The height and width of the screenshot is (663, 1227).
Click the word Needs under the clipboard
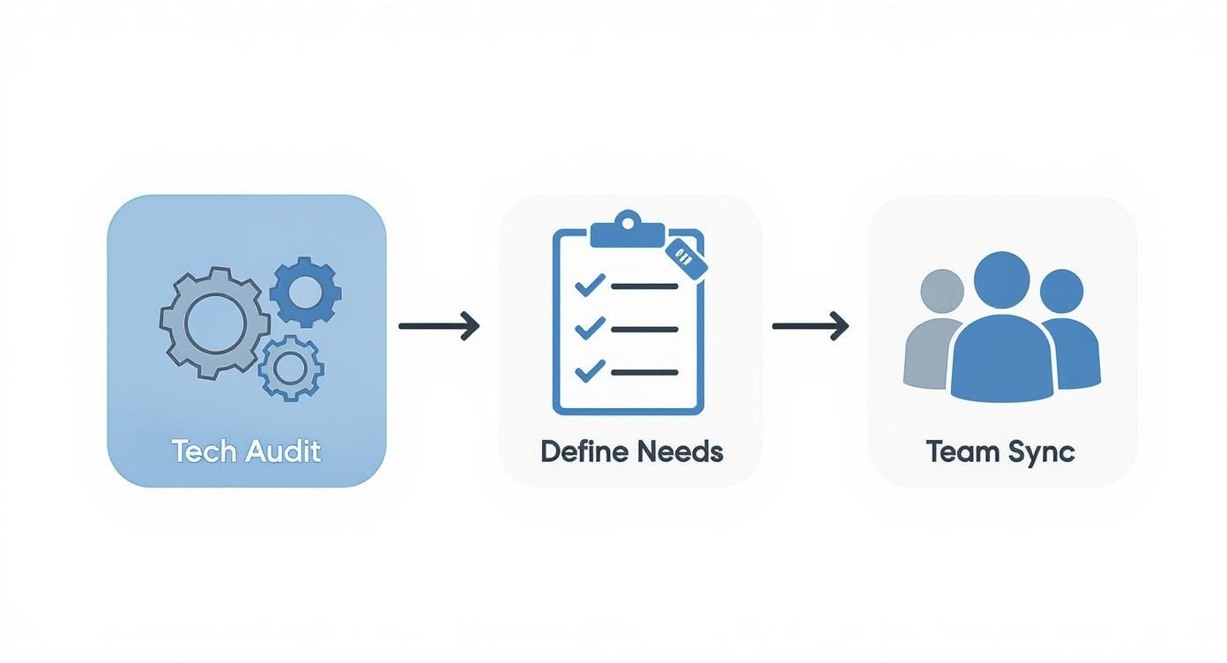click(x=680, y=451)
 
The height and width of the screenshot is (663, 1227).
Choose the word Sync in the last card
click(x=1042, y=452)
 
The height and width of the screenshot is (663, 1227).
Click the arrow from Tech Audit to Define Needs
click(x=439, y=326)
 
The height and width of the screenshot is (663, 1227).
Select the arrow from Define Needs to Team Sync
click(x=810, y=326)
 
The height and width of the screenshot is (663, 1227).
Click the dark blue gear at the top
click(x=305, y=292)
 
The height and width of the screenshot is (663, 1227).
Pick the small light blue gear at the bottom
click(x=291, y=368)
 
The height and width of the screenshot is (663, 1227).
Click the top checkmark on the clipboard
click(x=589, y=285)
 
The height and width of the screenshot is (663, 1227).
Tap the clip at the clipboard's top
click(x=627, y=229)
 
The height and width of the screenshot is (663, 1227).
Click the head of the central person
click(x=1001, y=279)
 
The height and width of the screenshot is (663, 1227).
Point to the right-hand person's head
click(x=1061, y=292)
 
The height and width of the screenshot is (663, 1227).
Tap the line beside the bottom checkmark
click(x=644, y=373)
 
